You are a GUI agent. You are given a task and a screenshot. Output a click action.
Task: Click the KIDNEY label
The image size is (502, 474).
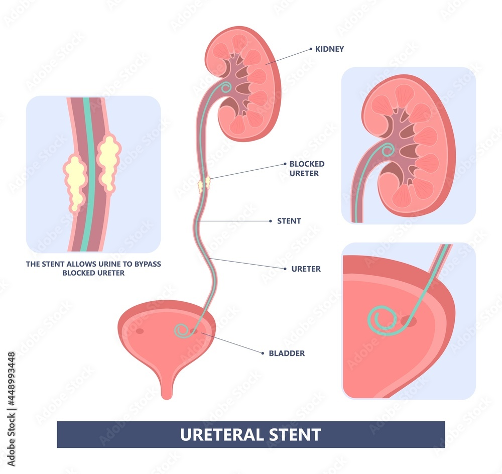pos(329,49)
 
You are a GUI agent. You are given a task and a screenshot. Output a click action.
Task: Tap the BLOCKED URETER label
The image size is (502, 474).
pos(307,169)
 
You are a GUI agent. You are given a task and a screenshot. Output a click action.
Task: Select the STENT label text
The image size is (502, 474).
pos(289,221)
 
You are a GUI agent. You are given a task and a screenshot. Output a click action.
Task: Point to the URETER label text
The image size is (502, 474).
pos(306,269)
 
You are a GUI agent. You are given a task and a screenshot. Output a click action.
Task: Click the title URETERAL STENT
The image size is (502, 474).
pos(250,434)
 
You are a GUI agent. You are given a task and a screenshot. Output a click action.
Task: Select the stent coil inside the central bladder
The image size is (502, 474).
pos(182,330)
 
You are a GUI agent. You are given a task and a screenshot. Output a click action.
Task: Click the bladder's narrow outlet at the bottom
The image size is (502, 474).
pos(167,387)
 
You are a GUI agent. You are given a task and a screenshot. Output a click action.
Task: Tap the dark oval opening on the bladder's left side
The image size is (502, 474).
pos(139,330)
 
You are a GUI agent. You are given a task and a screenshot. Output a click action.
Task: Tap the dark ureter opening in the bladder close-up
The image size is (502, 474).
pos(408,320)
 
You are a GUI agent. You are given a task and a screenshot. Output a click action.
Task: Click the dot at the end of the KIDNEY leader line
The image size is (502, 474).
pos(311,49)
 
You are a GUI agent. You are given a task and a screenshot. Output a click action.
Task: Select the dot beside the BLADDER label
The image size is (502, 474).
pos(263,353)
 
